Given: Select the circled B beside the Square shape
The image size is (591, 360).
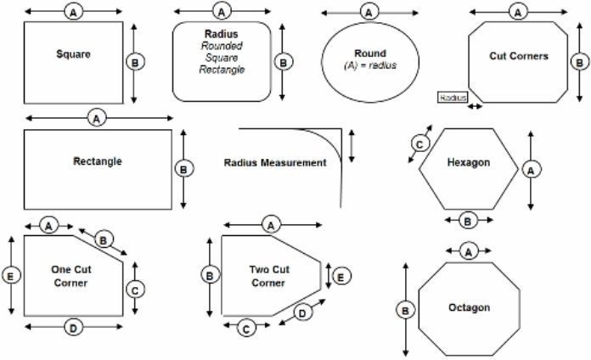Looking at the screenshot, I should click(134, 61).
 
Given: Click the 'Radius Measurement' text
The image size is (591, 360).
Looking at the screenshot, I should click(274, 162).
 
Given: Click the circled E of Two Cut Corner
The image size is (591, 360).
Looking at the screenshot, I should click(339, 276).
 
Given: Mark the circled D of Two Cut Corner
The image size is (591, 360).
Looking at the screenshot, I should click(301, 312).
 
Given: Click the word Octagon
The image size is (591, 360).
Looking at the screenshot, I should click(469, 307).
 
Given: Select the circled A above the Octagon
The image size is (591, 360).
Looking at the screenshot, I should click(467, 251).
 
